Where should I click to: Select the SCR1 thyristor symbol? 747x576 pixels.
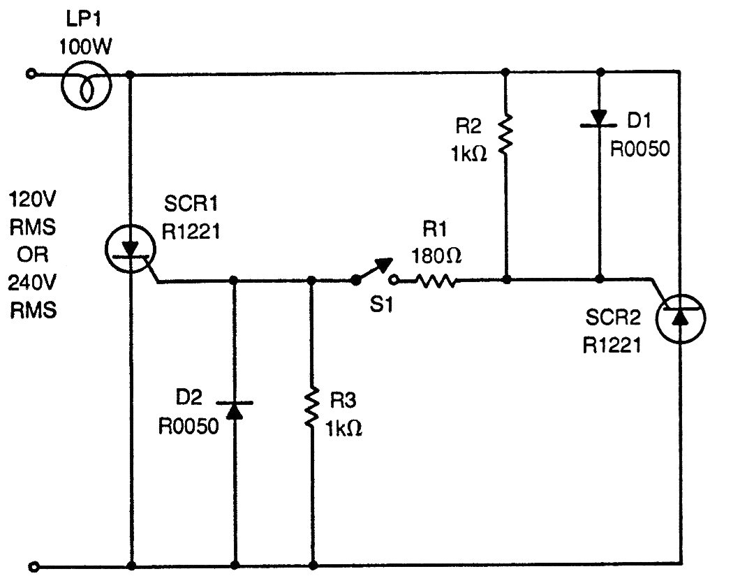coord(131,249)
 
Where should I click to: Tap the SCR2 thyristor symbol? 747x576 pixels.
coord(680,318)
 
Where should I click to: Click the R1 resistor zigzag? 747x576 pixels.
coord(436,281)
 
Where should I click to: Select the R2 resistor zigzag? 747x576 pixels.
coord(505,134)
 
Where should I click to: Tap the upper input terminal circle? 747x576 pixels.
coord(30,73)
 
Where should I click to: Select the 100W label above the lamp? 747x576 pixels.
coord(86,48)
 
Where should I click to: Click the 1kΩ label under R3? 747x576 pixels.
coord(343,427)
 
